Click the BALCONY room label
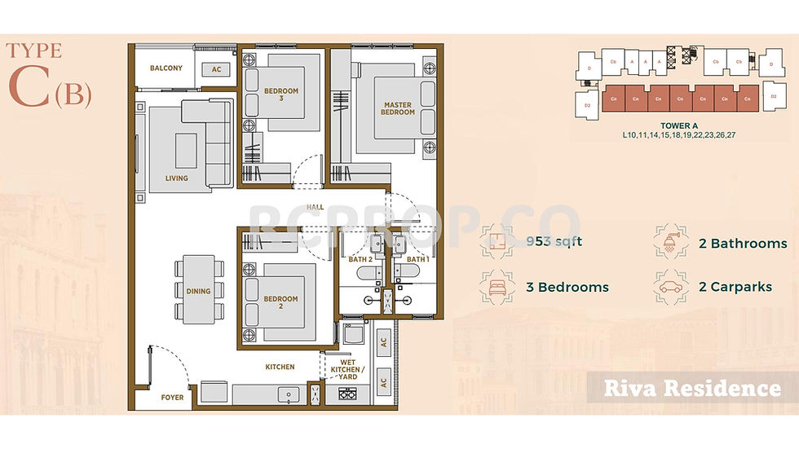(166, 68)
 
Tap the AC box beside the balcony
(217, 70)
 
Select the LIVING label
(176, 178)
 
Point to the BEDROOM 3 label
(281, 95)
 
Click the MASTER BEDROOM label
(399, 108)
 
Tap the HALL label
(316, 208)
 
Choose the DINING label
(198, 291)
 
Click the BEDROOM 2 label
(281, 303)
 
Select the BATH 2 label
(360, 259)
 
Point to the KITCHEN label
(280, 367)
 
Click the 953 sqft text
(554, 241)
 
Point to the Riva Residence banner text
(691, 388)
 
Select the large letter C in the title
(29, 90)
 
